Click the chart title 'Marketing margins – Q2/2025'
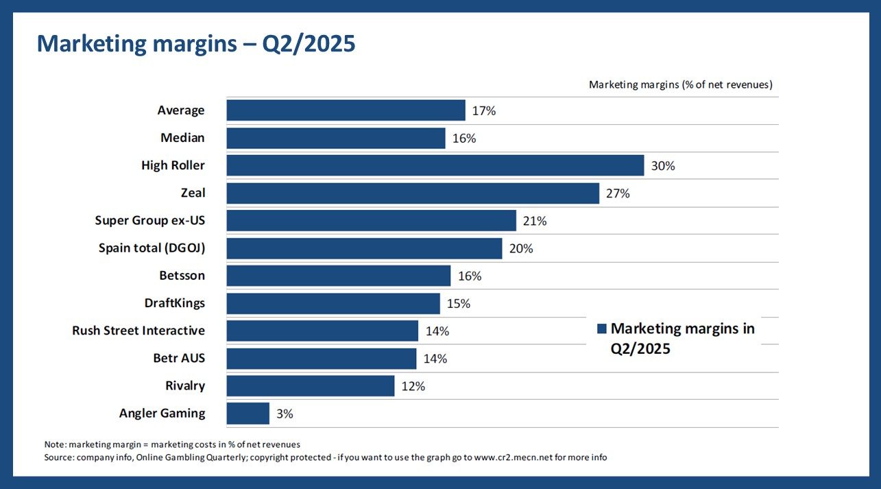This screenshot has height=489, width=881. pos(195,44)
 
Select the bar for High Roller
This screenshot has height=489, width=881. pos(435,166)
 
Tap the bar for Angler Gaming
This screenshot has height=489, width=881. pos(248,414)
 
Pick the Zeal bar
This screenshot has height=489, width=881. pos(413,193)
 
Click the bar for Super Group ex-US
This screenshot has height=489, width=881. pos(371,221)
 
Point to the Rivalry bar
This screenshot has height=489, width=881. pos(310,386)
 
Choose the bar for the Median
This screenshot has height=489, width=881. pos(336,138)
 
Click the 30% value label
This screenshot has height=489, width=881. pos(663,166)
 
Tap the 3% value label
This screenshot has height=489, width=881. pos(285,414)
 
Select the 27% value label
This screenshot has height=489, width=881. pos(618,193)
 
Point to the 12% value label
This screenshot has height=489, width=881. pos(413,386)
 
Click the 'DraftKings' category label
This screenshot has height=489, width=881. pos(174,303)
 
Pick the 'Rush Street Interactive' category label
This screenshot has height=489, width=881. pos(138,331)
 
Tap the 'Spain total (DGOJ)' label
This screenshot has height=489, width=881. pos(152,248)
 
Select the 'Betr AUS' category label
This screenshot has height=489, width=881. pos(179,358)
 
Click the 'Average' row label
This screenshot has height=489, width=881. pos(181,110)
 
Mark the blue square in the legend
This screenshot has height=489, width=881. pos(601,329)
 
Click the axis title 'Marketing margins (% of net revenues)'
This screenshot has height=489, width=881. pos(681,85)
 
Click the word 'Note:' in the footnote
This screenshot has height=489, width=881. pos(55,444)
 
